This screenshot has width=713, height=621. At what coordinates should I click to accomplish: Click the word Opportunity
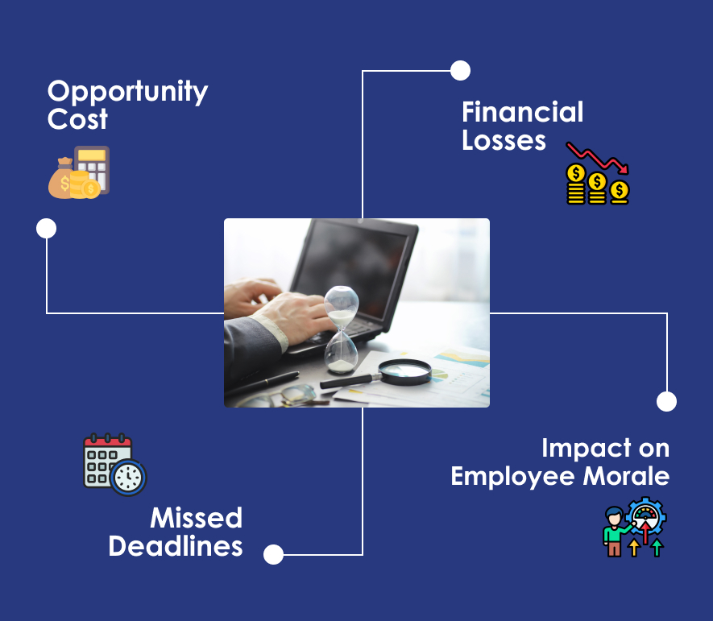point(128,93)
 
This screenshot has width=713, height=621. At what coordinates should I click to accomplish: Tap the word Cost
point(77,119)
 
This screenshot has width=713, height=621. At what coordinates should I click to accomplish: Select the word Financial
point(523,112)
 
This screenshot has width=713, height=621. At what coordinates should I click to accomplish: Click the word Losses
point(504,140)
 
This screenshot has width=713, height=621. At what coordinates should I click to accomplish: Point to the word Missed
point(197,518)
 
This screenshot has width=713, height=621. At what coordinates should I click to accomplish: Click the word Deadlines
point(176,546)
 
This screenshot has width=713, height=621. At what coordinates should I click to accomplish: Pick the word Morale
point(626,476)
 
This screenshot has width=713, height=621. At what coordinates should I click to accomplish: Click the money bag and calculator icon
point(79,172)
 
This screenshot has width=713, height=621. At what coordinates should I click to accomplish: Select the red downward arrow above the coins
point(598,158)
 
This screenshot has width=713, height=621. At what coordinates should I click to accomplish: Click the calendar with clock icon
point(115,464)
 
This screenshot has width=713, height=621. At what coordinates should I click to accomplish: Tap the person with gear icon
point(635,527)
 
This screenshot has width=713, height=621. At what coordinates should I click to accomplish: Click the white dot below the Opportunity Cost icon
point(47,228)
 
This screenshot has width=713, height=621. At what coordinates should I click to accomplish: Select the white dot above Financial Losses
point(460,70)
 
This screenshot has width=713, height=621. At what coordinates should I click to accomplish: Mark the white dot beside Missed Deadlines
point(273,555)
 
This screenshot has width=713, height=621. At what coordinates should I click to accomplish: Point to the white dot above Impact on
point(666,401)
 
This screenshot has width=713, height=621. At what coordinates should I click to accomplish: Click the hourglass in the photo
point(341,329)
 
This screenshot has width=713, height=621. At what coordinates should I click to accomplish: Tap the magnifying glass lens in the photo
point(405,370)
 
